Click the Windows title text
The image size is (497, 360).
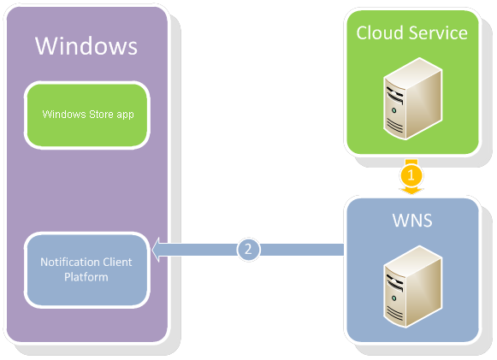(x=86, y=46)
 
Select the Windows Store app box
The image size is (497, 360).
(x=87, y=115)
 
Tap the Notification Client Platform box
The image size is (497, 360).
(x=87, y=269)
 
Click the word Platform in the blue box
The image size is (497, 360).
(x=86, y=278)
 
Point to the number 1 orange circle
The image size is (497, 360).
(x=411, y=175)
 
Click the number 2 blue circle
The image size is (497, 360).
(x=248, y=250)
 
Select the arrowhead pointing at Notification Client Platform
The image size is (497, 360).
(x=157, y=250)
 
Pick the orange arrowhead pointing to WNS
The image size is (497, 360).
(x=411, y=190)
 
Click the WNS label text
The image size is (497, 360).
(x=412, y=221)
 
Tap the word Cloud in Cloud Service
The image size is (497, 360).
(x=379, y=32)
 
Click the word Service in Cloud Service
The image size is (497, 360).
(x=438, y=32)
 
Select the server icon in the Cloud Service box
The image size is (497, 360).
(x=412, y=98)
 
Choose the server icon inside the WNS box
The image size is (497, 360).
(x=412, y=286)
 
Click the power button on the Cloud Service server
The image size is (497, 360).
(x=393, y=110)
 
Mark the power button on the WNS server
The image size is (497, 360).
(x=393, y=298)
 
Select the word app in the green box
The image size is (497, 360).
(x=125, y=115)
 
